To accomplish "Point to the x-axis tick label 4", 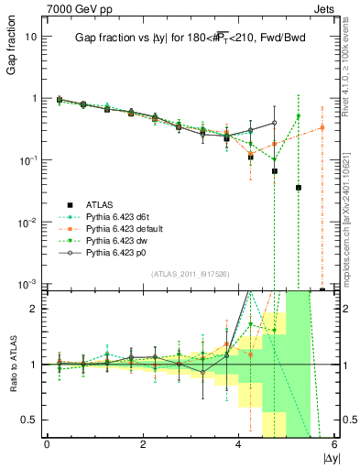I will (239, 444).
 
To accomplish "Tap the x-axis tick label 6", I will (335, 444).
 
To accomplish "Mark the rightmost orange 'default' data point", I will (322, 127).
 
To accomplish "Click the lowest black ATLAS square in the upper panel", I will (322, 289).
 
